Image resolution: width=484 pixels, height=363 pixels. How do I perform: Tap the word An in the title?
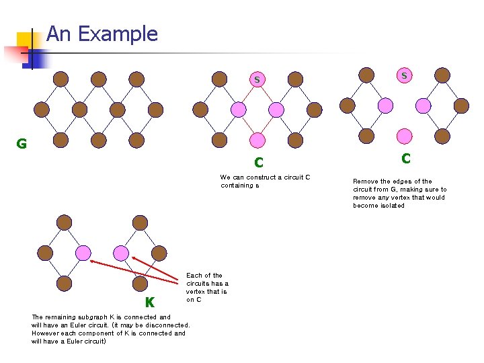[58, 34]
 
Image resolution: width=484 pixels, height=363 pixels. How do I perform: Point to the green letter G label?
[22, 143]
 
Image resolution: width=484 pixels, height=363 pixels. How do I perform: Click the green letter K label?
[149, 302]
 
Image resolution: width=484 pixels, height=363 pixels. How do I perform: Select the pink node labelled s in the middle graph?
[257, 80]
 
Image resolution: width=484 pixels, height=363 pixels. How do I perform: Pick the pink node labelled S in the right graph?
[404, 76]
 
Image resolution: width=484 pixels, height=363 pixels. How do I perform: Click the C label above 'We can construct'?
[258, 163]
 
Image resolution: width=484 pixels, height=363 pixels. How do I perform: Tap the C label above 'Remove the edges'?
[405, 159]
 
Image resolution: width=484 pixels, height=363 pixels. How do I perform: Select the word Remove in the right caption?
[365, 182]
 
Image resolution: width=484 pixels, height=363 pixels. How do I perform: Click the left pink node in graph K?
[83, 253]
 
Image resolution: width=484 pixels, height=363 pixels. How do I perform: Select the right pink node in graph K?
[121, 253]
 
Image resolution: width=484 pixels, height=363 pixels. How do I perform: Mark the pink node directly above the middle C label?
[257, 139]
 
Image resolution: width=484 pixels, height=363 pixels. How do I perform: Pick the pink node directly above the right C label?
[404, 136]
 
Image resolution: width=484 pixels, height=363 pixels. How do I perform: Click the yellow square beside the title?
[25, 40]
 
